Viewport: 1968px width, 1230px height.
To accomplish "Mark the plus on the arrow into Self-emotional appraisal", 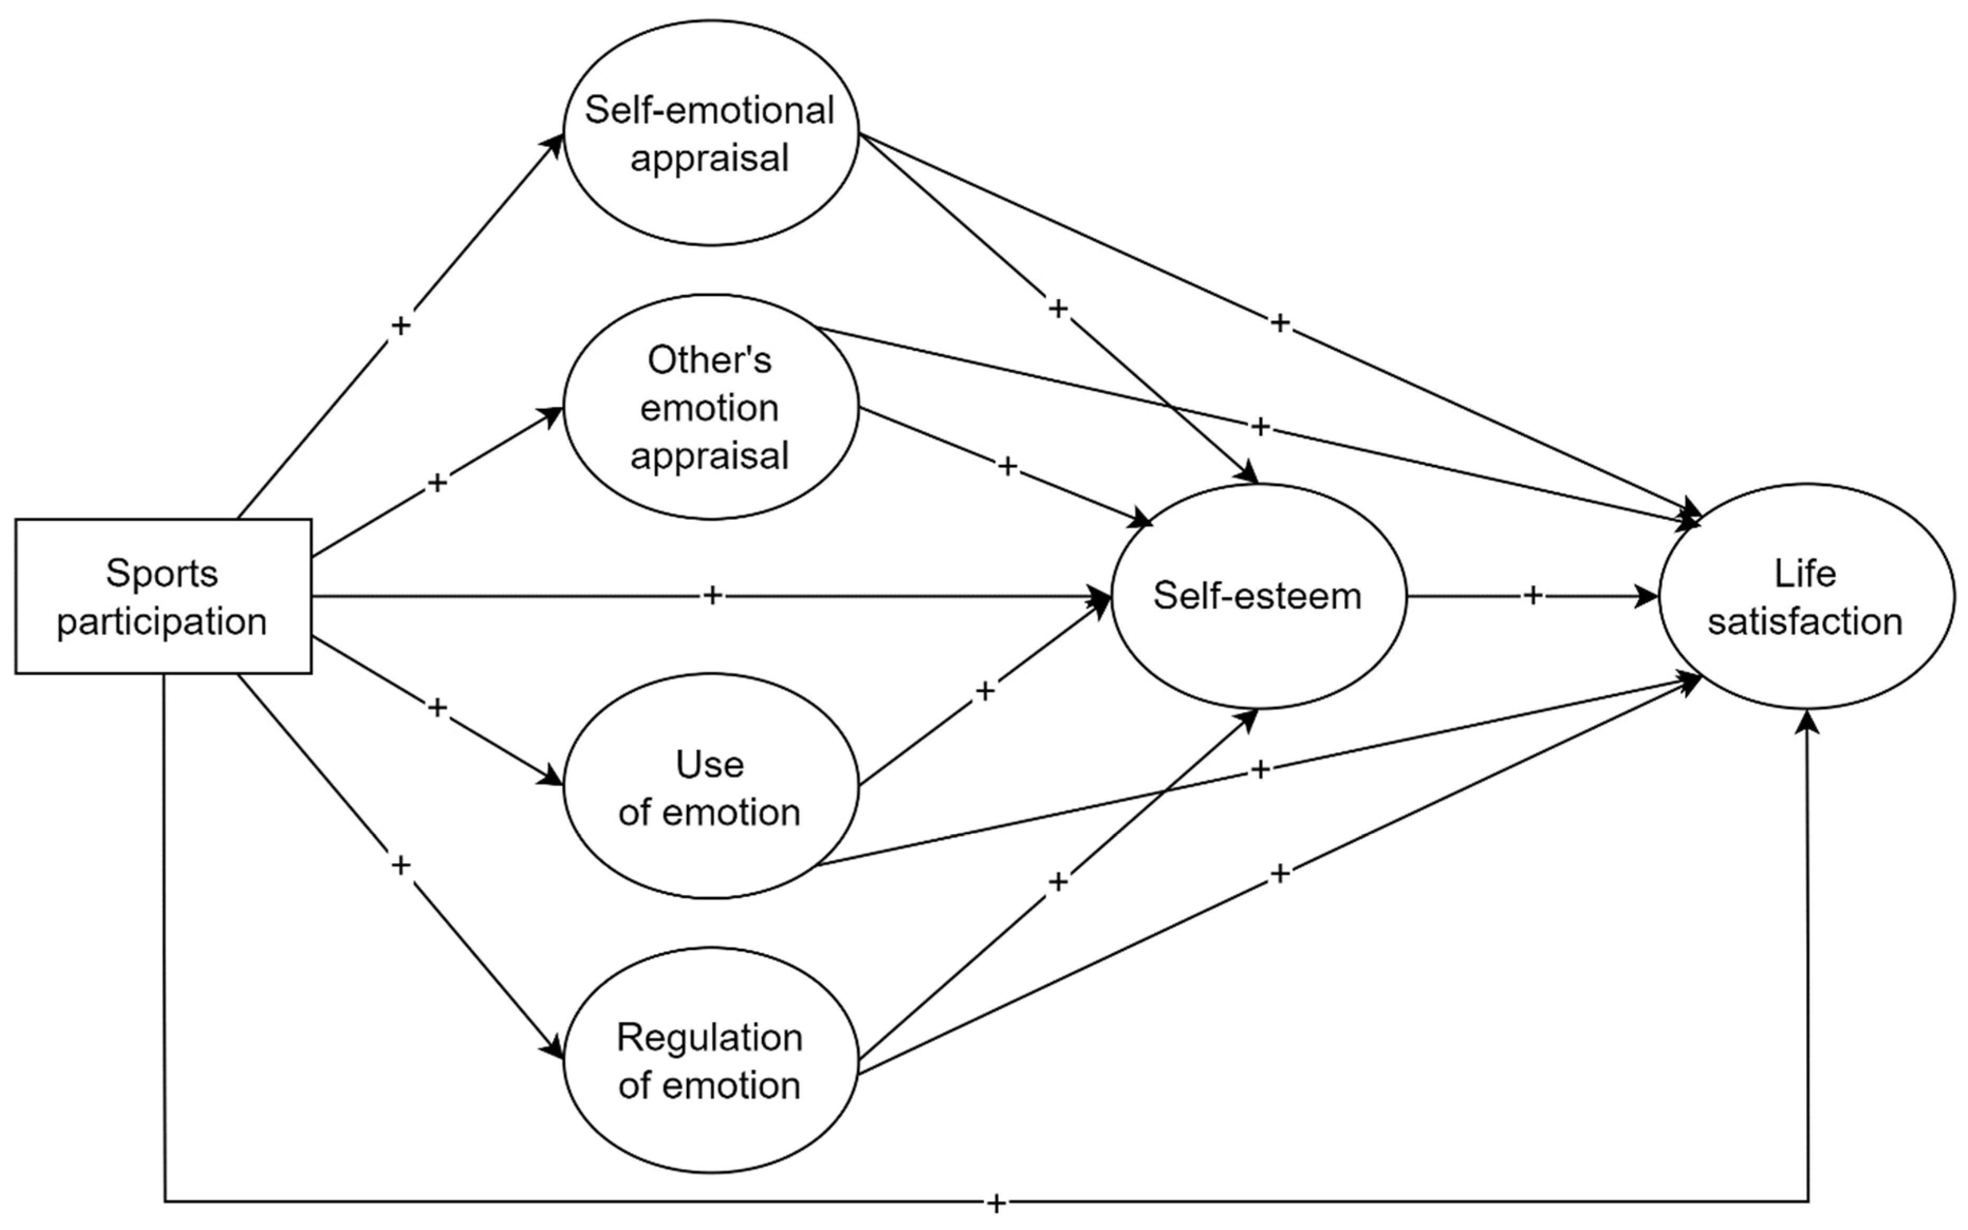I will tap(400, 325).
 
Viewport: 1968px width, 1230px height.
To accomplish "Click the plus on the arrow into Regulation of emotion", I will tap(400, 865).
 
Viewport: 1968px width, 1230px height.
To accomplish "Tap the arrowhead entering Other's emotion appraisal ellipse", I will tap(553, 414).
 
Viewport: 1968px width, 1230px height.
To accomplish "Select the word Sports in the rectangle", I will tap(162, 573).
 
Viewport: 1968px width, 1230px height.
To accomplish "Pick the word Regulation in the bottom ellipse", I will tap(709, 1037).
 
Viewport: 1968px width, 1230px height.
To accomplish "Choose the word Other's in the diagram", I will tap(709, 360).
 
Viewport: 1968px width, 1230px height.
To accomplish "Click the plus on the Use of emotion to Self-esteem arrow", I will tap(985, 691).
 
